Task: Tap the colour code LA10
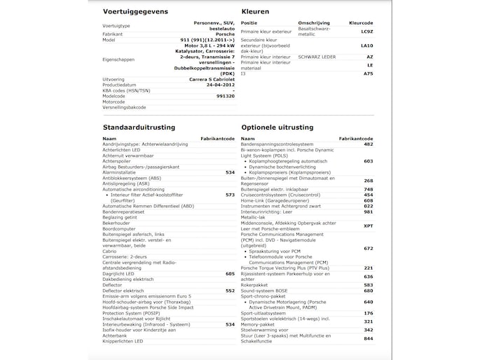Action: tap(366, 46)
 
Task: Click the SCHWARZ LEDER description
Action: tap(317, 56)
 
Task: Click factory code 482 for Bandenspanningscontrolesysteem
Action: tap(369, 144)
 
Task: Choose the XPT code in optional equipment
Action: tap(368, 226)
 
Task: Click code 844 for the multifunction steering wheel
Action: tap(369, 338)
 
